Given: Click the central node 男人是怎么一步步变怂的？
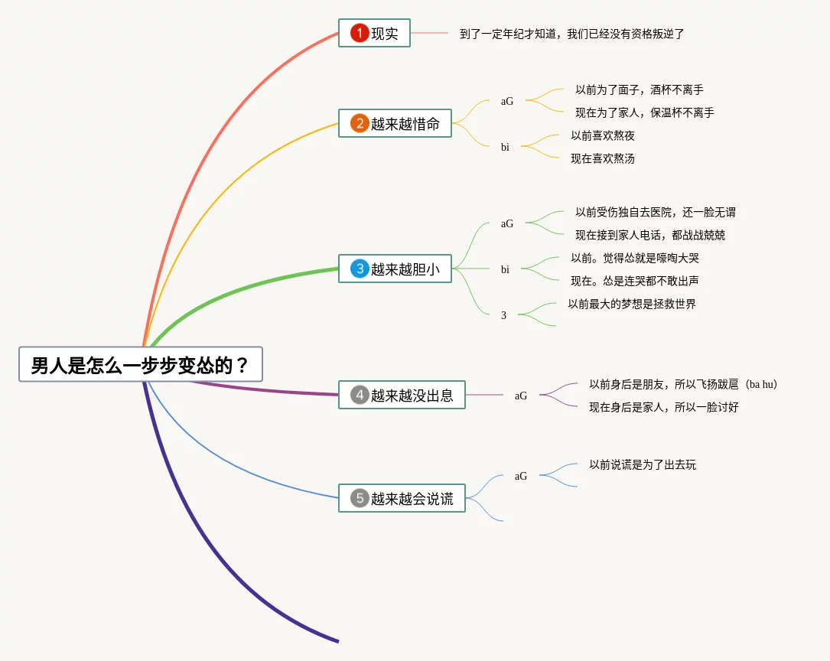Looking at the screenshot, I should [141, 365].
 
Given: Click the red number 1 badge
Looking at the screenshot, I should [360, 34].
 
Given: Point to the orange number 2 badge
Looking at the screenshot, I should [360, 124].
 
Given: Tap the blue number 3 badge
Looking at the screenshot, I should [360, 269].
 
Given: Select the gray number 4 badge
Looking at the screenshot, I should [360, 396].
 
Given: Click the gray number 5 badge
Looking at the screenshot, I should [360, 499].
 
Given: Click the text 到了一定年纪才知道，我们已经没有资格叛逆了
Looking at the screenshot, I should [571, 34].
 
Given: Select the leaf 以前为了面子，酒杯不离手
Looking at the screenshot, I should [640, 90].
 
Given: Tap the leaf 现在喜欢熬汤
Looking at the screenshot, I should [603, 159].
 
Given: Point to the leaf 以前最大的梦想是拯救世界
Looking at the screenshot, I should [632, 304].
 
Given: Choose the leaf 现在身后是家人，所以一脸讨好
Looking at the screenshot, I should [664, 408].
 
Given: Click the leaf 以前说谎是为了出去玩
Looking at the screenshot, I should [643, 465].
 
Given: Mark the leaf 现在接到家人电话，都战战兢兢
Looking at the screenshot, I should [650, 236].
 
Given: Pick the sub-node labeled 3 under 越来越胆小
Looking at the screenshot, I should [503, 315].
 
